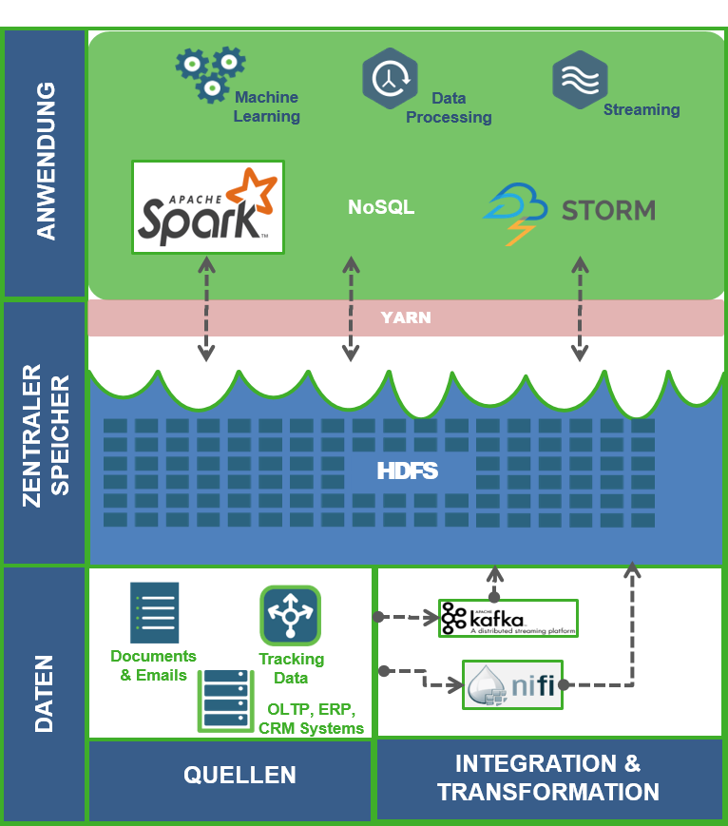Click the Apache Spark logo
(208, 206)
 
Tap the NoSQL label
(381, 207)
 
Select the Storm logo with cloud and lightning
(569, 210)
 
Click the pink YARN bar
(406, 317)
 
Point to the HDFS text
(407, 471)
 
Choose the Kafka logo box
(508, 618)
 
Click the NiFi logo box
(513, 684)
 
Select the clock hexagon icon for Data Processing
(390, 80)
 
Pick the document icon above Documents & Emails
(154, 613)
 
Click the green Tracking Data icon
(290, 616)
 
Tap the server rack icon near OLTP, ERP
(225, 701)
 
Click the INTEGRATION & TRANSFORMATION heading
(548, 778)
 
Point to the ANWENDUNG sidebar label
(45, 161)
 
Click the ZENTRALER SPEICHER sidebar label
(45, 433)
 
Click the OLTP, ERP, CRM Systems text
(311, 719)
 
